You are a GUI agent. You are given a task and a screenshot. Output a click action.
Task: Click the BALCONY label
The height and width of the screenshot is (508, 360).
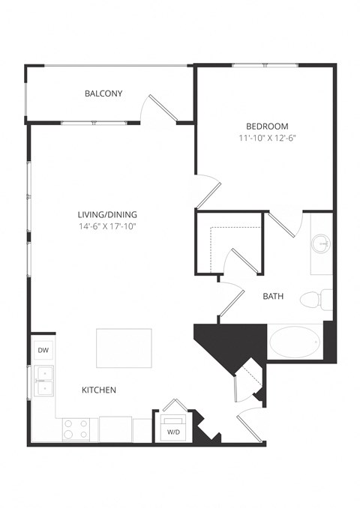pos(103,94)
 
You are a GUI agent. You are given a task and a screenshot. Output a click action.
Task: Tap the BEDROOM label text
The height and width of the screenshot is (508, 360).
pos(266,126)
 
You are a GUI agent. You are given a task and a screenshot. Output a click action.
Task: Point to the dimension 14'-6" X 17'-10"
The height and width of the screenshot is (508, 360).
pos(110,226)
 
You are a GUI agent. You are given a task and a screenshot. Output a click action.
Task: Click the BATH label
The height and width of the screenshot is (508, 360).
pos(273,297)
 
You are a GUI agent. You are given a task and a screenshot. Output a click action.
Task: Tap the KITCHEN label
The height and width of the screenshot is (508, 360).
pos(99,390)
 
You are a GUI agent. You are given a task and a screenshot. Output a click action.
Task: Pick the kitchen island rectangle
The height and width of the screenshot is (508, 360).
pos(124,348)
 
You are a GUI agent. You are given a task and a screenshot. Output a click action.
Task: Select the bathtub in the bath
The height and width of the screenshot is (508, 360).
pos(295,342)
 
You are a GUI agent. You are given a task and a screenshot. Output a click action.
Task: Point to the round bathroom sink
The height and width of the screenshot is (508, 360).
pos(322,244)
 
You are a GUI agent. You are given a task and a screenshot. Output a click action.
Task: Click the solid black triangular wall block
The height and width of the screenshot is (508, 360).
pos(225,341)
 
